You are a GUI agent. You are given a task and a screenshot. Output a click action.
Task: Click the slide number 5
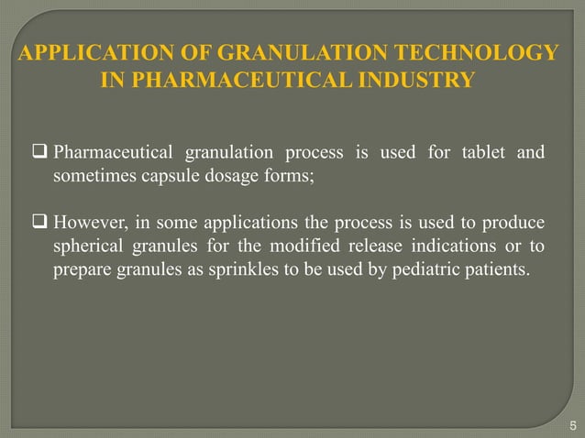pyautogui.click(x=572, y=423)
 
